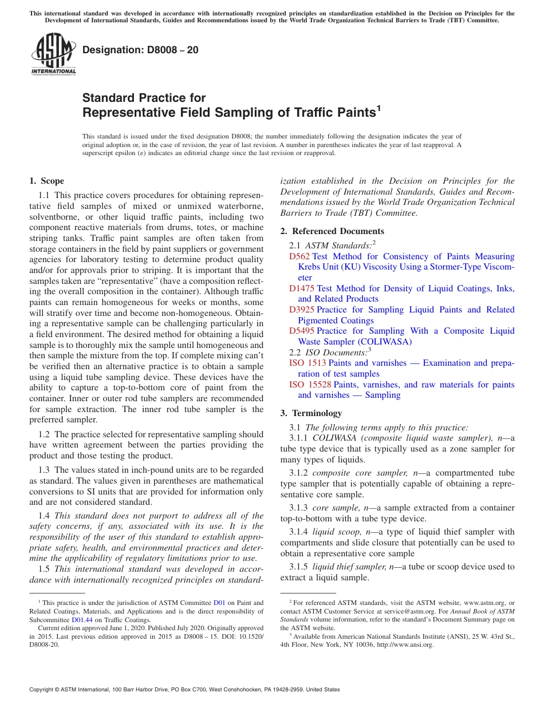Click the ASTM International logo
pos(53,54)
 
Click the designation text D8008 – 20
pos(140,50)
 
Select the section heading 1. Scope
pos(46,181)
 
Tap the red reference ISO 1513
pos(308,363)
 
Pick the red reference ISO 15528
pos(310,385)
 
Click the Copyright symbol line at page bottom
pos(184,690)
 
